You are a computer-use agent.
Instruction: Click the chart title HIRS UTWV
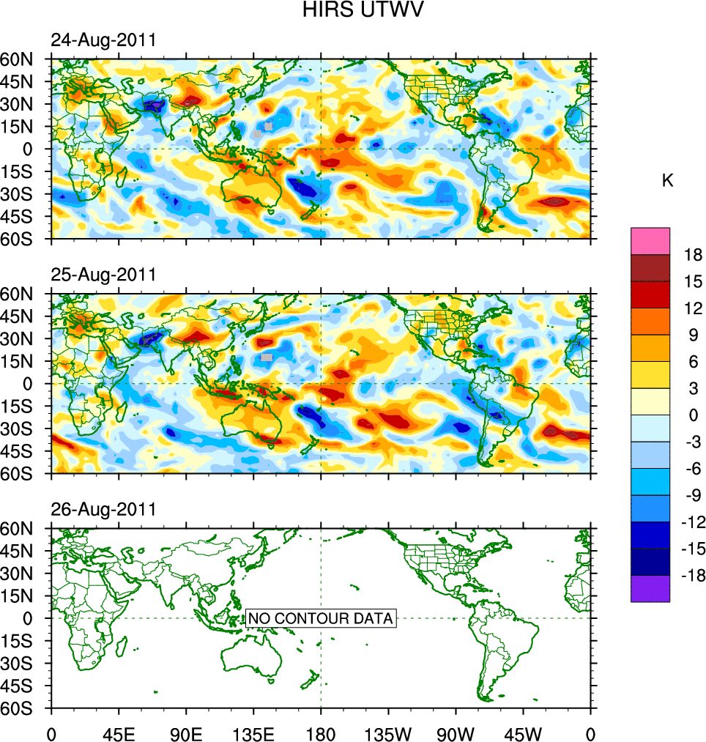[x=354, y=10]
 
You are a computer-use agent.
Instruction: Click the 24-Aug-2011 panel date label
[x=103, y=41]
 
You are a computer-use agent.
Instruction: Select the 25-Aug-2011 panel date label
[x=103, y=275]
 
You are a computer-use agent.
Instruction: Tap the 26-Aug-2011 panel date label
[x=103, y=509]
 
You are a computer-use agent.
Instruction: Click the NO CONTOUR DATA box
[x=321, y=618]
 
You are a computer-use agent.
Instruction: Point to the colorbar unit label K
[x=667, y=181]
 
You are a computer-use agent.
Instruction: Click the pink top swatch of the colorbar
[x=650, y=240]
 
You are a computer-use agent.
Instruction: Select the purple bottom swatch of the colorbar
[x=650, y=588]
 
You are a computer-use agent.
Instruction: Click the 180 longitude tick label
[x=321, y=732]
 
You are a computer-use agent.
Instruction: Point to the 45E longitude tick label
[x=118, y=732]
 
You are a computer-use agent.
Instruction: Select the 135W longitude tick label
[x=388, y=732]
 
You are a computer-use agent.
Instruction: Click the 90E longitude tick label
[x=186, y=732]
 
